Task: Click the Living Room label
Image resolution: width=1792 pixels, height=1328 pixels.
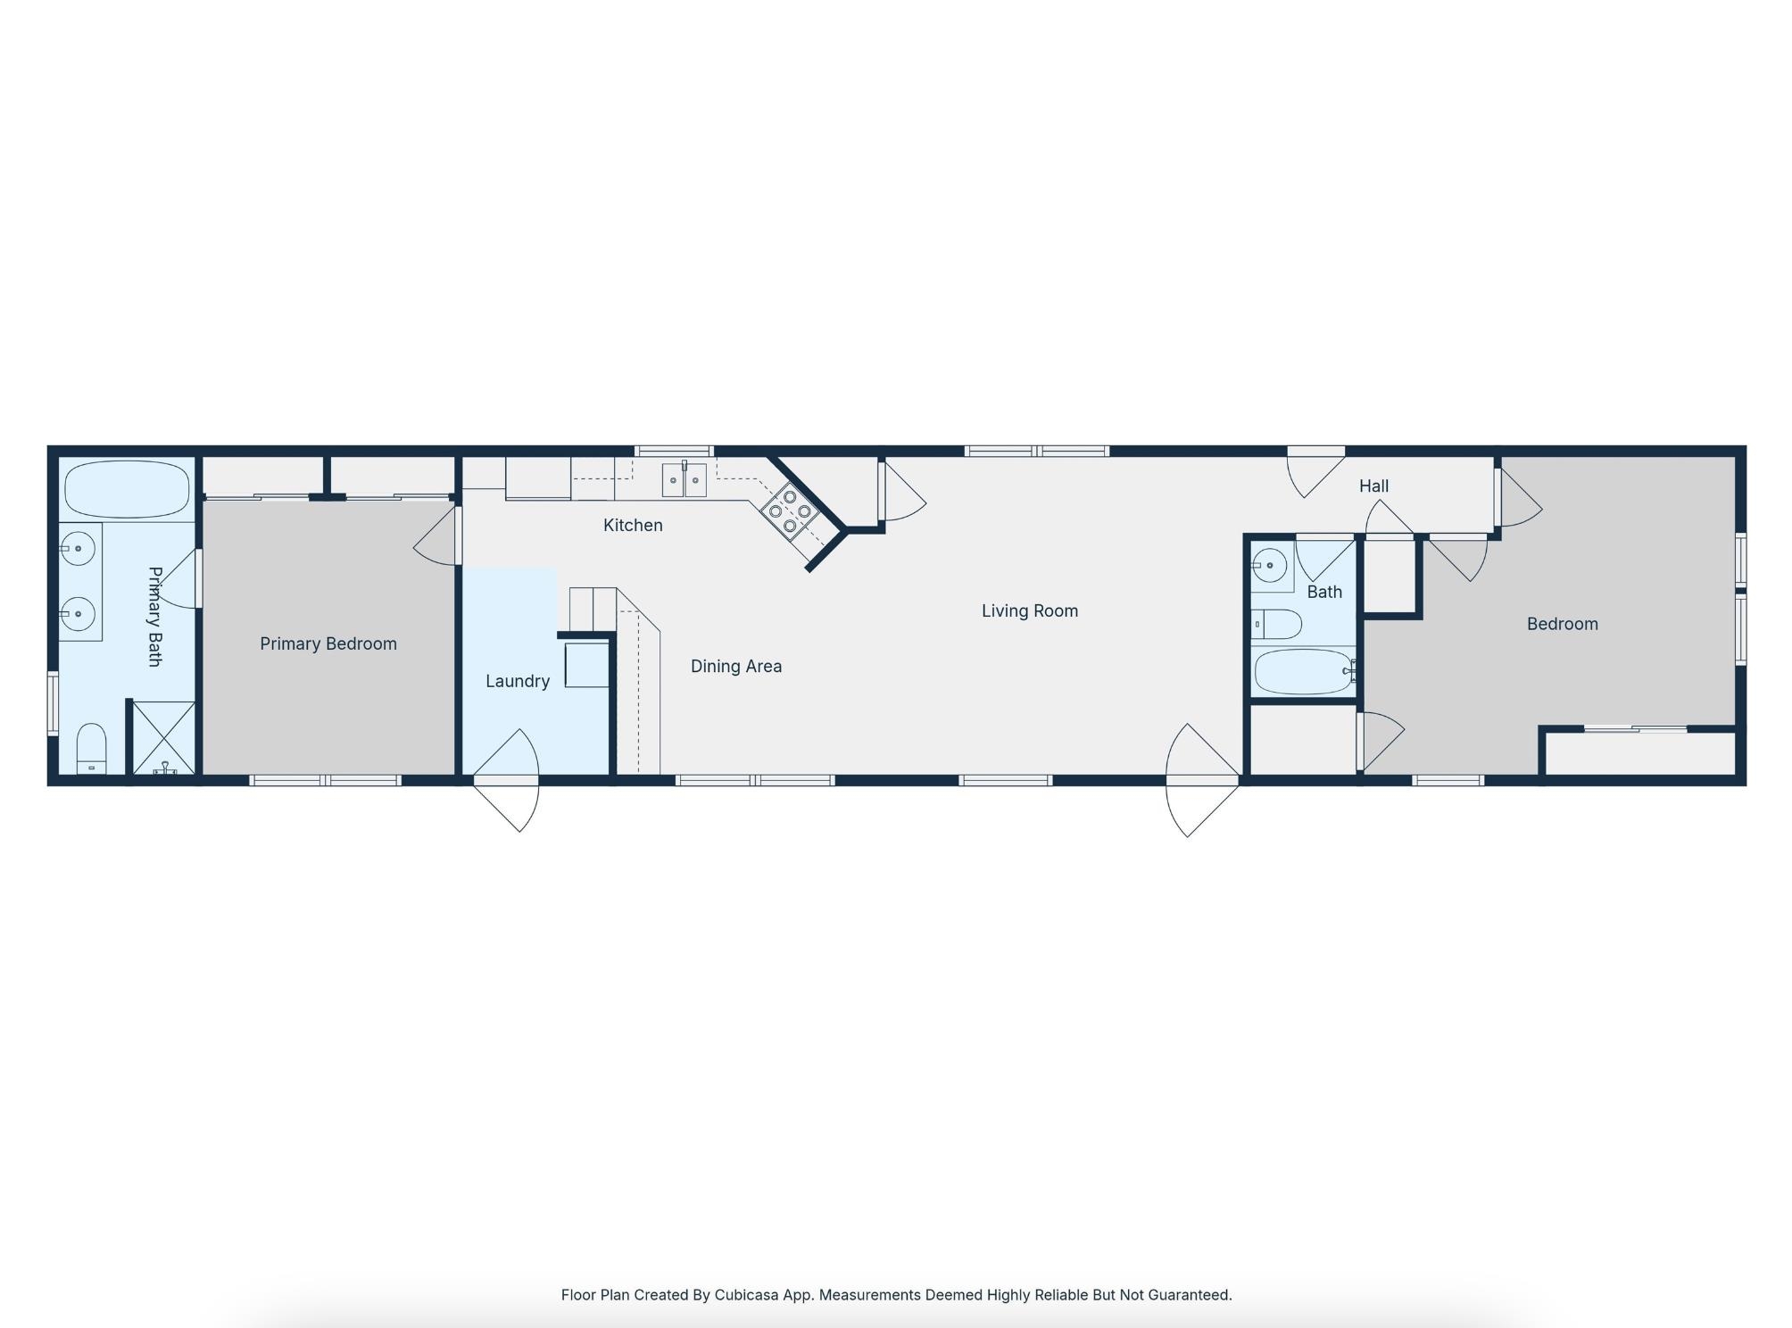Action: click(x=1030, y=611)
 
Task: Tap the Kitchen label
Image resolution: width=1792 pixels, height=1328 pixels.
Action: click(x=633, y=526)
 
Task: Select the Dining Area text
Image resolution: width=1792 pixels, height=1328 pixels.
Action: click(x=736, y=667)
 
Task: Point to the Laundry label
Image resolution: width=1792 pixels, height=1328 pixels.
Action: click(x=518, y=682)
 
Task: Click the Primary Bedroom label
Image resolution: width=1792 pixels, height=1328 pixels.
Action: click(x=328, y=644)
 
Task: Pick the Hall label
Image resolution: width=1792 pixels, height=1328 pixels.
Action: click(x=1374, y=486)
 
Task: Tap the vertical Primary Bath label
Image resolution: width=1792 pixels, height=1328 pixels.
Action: click(x=154, y=617)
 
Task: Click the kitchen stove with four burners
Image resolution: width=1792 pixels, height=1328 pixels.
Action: click(x=791, y=511)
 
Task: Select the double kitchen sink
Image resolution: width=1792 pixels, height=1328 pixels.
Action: click(x=684, y=479)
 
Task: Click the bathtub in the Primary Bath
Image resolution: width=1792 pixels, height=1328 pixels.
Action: click(x=128, y=489)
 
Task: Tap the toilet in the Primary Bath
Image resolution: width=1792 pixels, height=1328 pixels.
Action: click(x=91, y=749)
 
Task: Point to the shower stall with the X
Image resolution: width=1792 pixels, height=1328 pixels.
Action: click(x=164, y=738)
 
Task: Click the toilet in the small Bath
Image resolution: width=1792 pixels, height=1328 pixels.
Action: click(x=1276, y=625)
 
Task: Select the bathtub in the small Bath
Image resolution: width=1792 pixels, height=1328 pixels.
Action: click(x=1304, y=672)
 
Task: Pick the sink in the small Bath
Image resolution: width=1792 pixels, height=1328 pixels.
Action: click(x=1270, y=566)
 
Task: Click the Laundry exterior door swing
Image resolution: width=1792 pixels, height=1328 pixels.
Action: click(x=507, y=781)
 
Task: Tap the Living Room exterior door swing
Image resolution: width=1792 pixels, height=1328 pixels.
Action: click(x=1203, y=781)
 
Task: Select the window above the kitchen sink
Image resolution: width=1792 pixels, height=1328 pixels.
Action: click(x=674, y=451)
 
